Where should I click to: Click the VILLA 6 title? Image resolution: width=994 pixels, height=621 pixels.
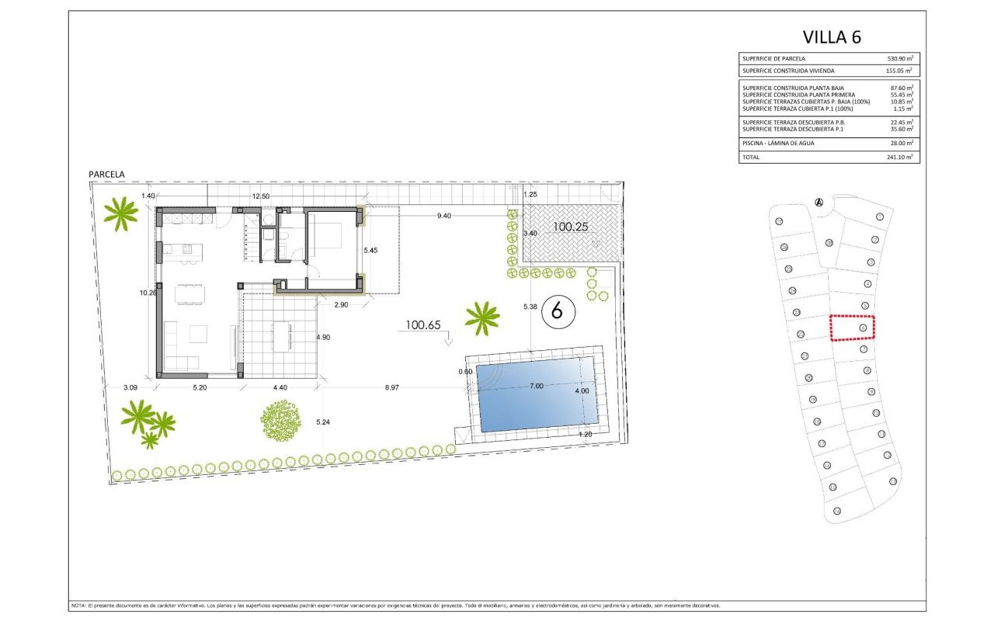832,36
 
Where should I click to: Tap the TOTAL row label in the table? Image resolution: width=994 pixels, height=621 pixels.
752,157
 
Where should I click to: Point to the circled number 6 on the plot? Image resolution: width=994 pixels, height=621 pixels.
556,310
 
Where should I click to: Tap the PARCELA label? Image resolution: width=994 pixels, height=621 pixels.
106,175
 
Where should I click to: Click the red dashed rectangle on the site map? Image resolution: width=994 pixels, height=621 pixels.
852,328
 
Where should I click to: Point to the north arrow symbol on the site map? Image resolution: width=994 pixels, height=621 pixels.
818,203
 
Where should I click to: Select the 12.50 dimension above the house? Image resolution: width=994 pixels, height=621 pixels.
260,196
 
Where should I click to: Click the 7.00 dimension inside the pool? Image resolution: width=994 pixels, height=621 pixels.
536,385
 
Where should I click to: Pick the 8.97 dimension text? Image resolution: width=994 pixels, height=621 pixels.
394,387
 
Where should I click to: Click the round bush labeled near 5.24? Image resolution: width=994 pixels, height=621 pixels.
280,422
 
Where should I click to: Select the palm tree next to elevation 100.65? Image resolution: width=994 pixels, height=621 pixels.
482,317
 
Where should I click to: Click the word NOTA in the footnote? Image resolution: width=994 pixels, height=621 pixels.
78,605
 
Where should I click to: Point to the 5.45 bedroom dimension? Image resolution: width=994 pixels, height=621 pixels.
372,251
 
